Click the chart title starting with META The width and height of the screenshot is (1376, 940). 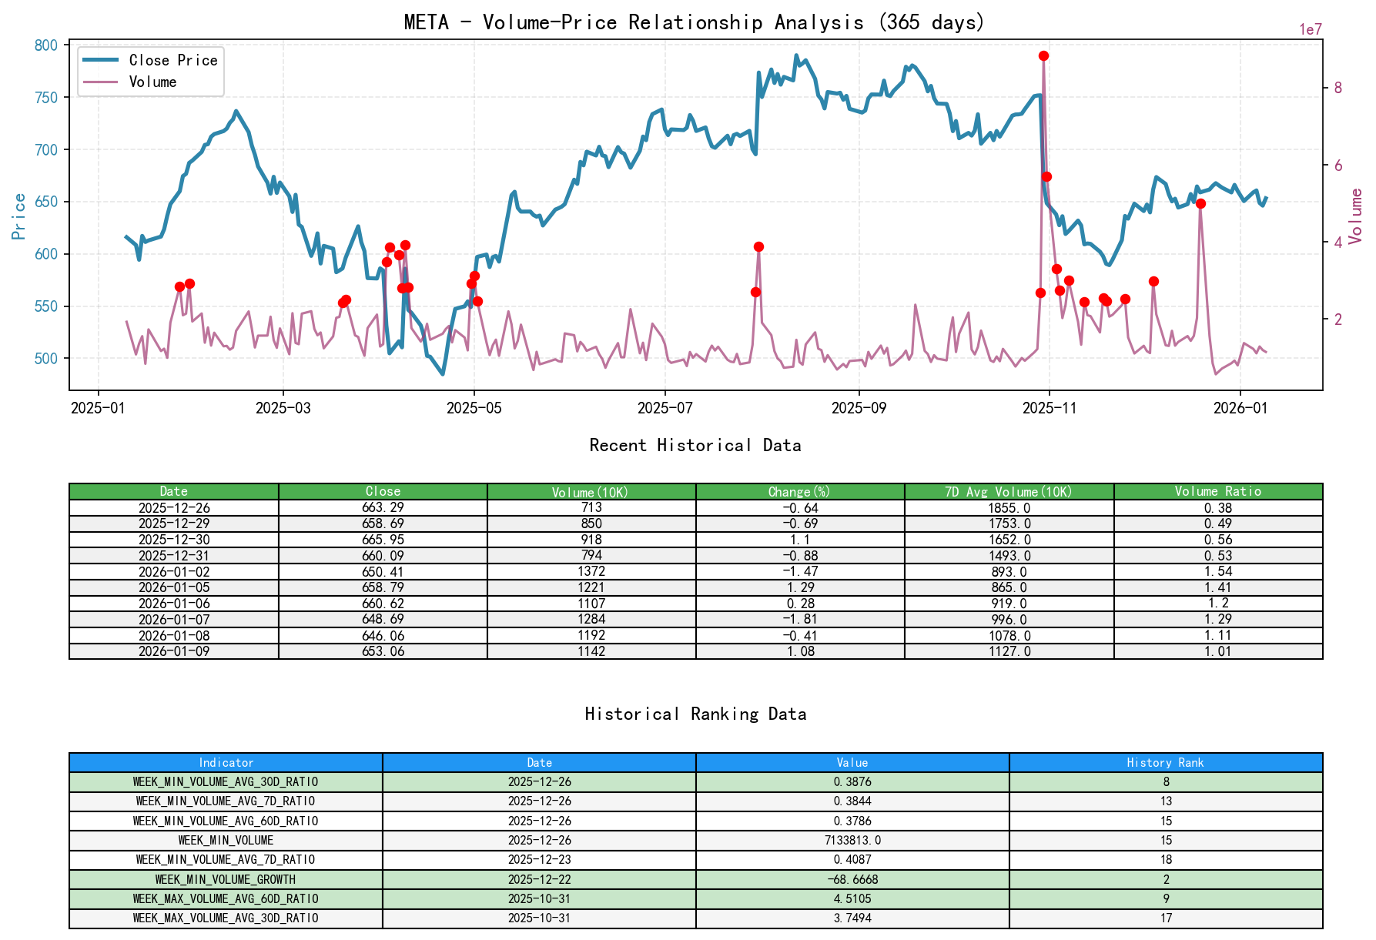click(x=695, y=22)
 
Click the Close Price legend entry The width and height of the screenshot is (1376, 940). click(x=172, y=60)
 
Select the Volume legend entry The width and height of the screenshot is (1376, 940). click(x=152, y=82)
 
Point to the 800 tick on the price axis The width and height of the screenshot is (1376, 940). click(x=46, y=45)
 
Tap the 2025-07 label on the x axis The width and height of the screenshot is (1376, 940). click(x=665, y=408)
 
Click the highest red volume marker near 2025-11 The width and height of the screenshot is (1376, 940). click(x=1043, y=55)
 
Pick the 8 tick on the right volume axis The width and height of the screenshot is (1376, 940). click(x=1338, y=88)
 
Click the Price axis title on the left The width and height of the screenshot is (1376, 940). click(x=19, y=216)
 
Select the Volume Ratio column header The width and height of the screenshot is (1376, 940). click(x=1217, y=491)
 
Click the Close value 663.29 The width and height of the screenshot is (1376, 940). click(x=383, y=507)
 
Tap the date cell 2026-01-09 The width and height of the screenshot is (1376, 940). click(x=174, y=651)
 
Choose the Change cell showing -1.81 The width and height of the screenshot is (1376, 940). click(x=800, y=619)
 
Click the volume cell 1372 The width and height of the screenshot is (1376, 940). click(x=591, y=571)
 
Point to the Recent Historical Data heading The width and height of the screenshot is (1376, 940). click(x=695, y=445)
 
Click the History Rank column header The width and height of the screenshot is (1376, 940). click(x=1165, y=762)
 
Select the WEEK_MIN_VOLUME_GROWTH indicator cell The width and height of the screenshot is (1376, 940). click(x=226, y=879)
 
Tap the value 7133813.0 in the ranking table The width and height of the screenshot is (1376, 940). click(x=852, y=840)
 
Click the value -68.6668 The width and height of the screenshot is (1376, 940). click(x=852, y=879)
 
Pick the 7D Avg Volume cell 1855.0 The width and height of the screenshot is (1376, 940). click(x=1009, y=507)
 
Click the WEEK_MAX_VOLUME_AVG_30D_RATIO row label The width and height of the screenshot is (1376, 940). click(x=226, y=918)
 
